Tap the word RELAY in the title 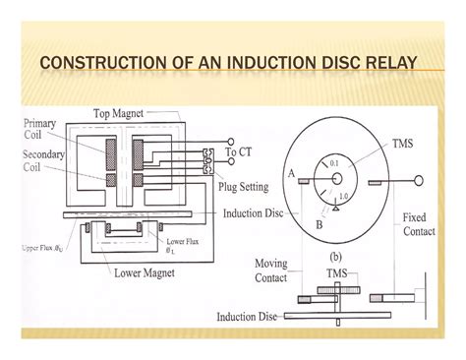pyautogui.click(x=389, y=66)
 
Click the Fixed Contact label pyautogui.click(x=425, y=224)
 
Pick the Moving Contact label pyautogui.click(x=271, y=270)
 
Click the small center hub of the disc pyautogui.click(x=336, y=178)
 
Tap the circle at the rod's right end pyautogui.click(x=421, y=179)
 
